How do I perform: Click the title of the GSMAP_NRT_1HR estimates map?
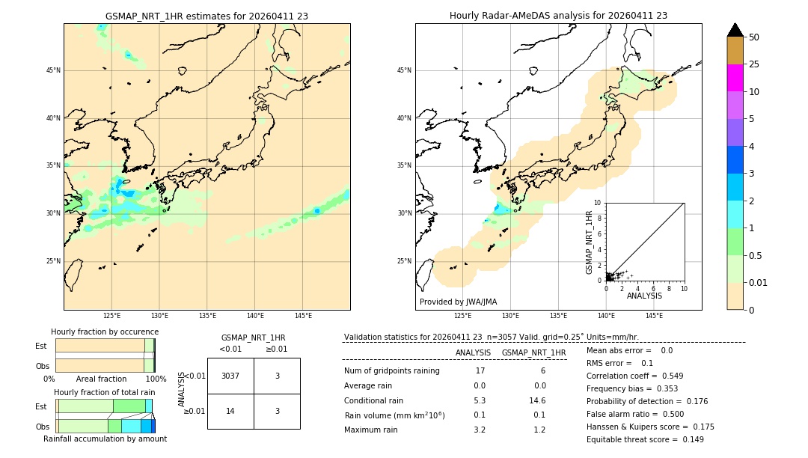pyautogui.click(x=206, y=16)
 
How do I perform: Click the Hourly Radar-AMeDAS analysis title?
pyautogui.click(x=558, y=16)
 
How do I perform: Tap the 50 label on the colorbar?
pyautogui.click(x=754, y=37)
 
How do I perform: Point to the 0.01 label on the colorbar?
pyautogui.click(x=759, y=282)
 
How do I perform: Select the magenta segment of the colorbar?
pyautogui.click(x=735, y=78)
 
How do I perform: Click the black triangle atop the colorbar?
pyautogui.click(x=735, y=30)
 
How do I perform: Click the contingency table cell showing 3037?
pyautogui.click(x=230, y=376)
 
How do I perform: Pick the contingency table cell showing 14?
pyautogui.click(x=230, y=411)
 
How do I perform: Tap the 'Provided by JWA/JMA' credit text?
pyautogui.click(x=458, y=302)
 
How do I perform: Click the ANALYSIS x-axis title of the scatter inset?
pyautogui.click(x=644, y=296)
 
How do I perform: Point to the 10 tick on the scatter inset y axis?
pyautogui.click(x=598, y=203)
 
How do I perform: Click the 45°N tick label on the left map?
pyautogui.click(x=53, y=70)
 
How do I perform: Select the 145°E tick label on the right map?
pyautogui.click(x=654, y=316)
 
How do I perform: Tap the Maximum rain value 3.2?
pyautogui.click(x=480, y=430)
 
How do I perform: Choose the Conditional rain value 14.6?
pyautogui.click(x=539, y=400)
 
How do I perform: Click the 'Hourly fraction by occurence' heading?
pyautogui.click(x=105, y=332)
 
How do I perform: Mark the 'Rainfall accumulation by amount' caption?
pyautogui.click(x=105, y=439)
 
